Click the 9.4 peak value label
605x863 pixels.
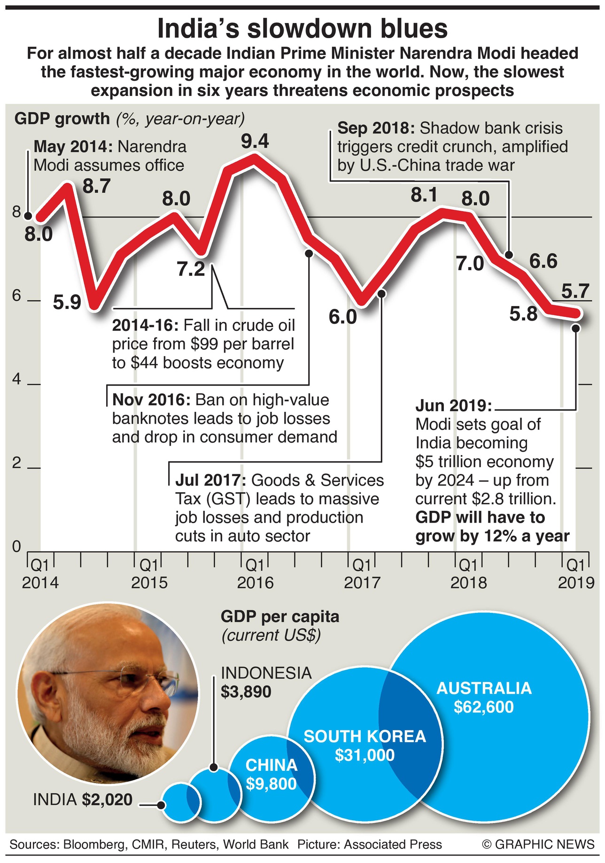pyautogui.click(x=255, y=141)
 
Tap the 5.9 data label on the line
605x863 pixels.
pyautogui.click(x=67, y=302)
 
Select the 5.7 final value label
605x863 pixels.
pyautogui.click(x=575, y=291)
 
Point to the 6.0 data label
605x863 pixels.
pyautogui.click(x=342, y=317)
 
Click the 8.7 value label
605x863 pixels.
pyautogui.click(x=96, y=187)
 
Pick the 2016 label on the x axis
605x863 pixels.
pyautogui.click(x=255, y=583)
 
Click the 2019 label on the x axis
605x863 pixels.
pyautogui.click(x=576, y=583)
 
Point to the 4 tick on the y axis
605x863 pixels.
pyautogui.click(x=17, y=379)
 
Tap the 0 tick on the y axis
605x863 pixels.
pyautogui.click(x=17, y=547)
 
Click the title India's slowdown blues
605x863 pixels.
pyautogui.click(x=302, y=29)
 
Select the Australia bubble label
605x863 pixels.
pyautogui.click(x=484, y=688)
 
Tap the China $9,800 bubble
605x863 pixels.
pyautogui.click(x=271, y=774)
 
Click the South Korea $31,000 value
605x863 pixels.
pyautogui.click(x=365, y=755)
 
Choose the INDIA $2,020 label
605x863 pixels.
pyautogui.click(x=83, y=800)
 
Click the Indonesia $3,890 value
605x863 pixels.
pyautogui.click(x=246, y=692)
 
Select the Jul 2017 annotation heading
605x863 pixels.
pyautogui.click(x=210, y=480)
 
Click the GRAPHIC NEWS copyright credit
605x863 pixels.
pyautogui.click(x=538, y=845)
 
